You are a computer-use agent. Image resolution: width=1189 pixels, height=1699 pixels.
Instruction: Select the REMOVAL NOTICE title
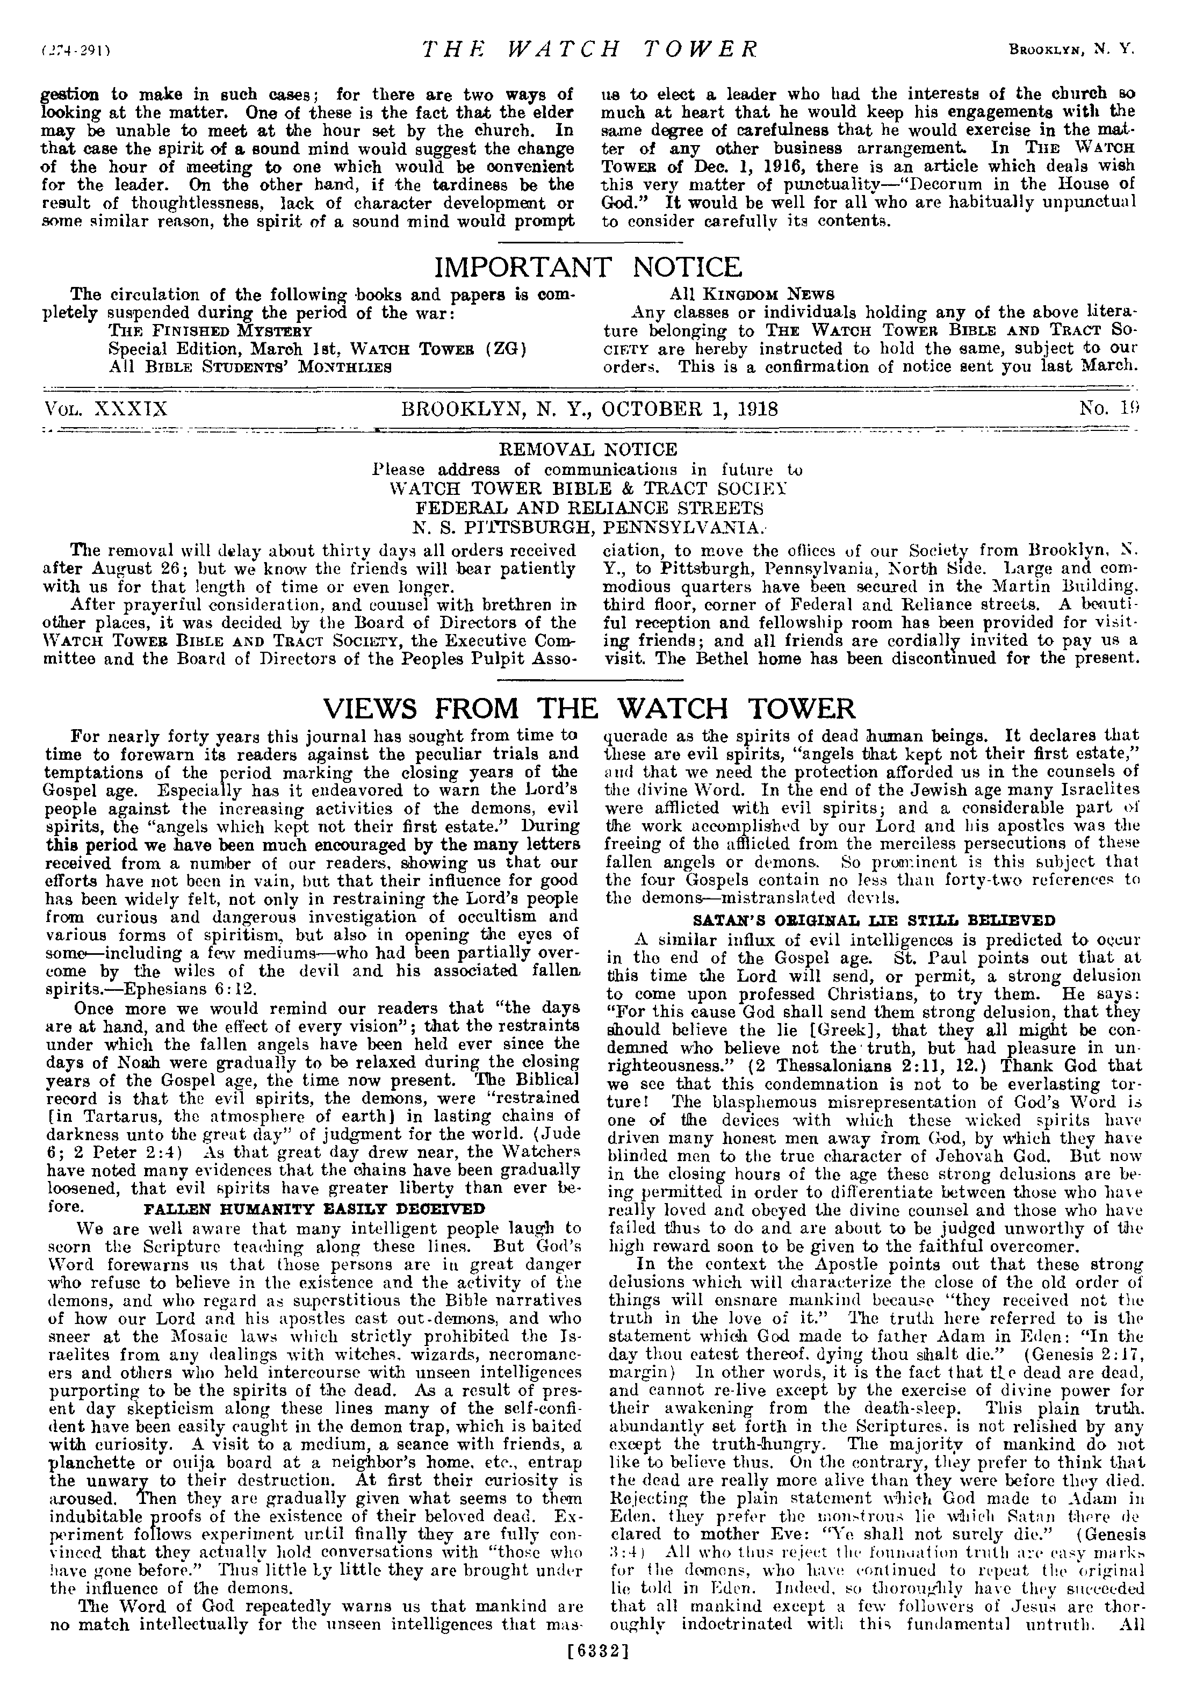pos(589,449)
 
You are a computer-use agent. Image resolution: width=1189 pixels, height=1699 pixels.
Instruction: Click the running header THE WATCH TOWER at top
pos(590,49)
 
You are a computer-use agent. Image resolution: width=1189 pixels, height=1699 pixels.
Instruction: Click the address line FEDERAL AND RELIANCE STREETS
pos(589,508)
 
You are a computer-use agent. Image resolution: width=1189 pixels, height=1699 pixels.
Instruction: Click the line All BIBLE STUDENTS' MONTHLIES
pos(249,366)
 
